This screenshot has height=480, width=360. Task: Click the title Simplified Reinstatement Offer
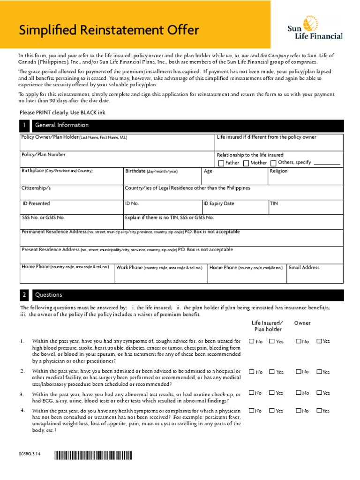coord(109,31)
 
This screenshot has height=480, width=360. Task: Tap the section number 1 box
coord(25,126)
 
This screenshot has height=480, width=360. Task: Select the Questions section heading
coord(49,295)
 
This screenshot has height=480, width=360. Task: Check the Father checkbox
coord(222,163)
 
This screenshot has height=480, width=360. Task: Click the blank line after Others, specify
coord(327,164)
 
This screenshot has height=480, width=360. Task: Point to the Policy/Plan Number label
coord(44,154)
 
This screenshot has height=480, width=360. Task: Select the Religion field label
coord(279,171)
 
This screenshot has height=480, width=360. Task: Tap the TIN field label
coord(274,203)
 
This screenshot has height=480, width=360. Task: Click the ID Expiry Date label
coord(219,203)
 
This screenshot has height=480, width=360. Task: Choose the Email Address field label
coord(304,267)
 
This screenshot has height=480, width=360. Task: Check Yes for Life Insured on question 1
coord(272,341)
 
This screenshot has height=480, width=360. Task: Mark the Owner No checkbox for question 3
coord(298,392)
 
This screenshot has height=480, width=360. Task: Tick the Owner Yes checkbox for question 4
coord(319,411)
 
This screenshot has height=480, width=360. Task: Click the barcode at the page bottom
coord(93,454)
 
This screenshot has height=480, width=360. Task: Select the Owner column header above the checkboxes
coord(302,323)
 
